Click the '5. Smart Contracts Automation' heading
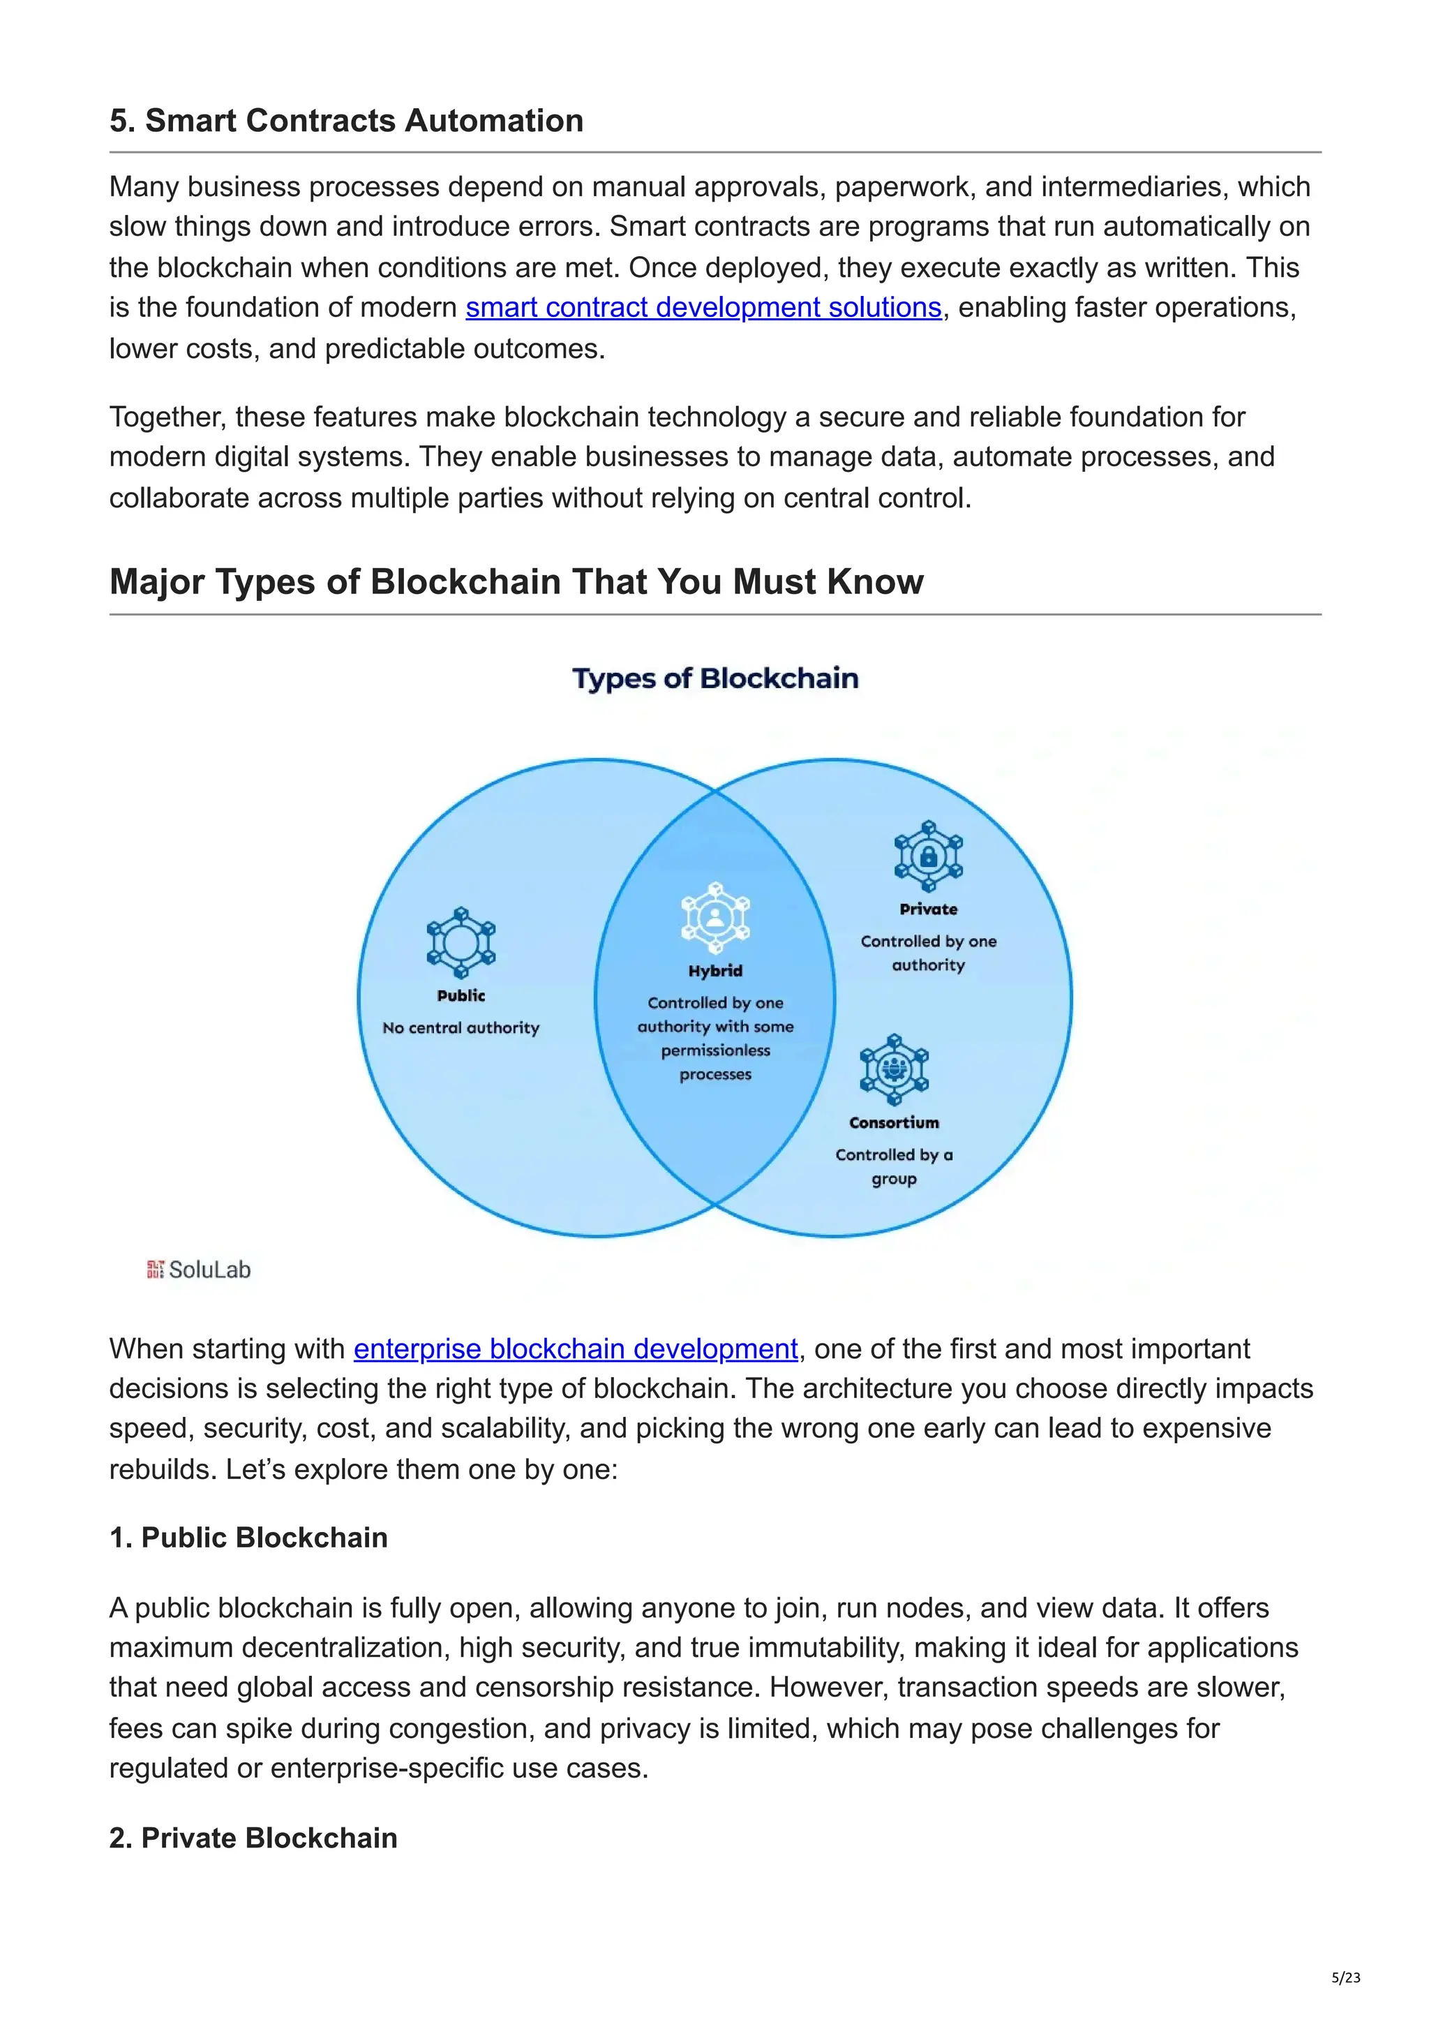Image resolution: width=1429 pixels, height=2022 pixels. point(346,121)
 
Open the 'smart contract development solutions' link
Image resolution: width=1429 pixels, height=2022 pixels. point(703,307)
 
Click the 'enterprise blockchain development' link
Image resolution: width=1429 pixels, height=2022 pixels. point(576,1348)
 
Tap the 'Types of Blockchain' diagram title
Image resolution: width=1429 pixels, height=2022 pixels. point(715,678)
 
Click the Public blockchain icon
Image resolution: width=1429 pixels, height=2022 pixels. point(461,943)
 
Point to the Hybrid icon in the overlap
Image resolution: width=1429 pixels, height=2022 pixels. point(715,916)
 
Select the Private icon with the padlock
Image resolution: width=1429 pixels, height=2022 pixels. point(928,857)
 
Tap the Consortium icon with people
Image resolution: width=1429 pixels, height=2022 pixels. point(894,1070)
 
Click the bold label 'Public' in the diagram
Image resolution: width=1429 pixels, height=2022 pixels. point(461,995)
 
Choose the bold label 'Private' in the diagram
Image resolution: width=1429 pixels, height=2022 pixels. point(928,909)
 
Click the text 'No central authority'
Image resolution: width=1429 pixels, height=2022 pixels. point(461,1027)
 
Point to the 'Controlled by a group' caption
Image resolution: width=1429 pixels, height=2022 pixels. point(894,1166)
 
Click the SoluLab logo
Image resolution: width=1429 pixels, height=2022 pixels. point(199,1269)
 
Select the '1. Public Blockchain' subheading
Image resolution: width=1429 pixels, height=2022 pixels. point(248,1537)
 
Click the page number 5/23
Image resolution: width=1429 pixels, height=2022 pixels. point(1345,1977)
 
